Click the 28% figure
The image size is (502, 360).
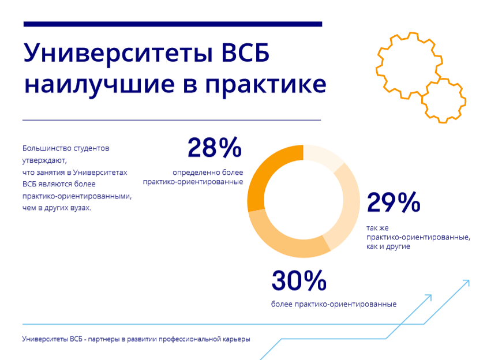click(x=214, y=148)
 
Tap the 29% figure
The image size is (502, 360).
click(x=393, y=202)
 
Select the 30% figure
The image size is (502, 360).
click(x=299, y=280)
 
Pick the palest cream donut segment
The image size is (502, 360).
click(x=323, y=157)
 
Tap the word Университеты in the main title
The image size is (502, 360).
click(x=118, y=54)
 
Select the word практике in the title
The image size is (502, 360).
click(x=266, y=85)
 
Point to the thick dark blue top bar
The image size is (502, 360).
click(x=173, y=24)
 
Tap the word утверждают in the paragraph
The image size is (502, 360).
click(x=44, y=160)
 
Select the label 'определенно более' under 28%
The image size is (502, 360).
click(x=208, y=172)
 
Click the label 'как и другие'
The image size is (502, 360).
click(x=388, y=247)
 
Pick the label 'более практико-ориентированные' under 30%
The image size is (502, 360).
click(x=334, y=304)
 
